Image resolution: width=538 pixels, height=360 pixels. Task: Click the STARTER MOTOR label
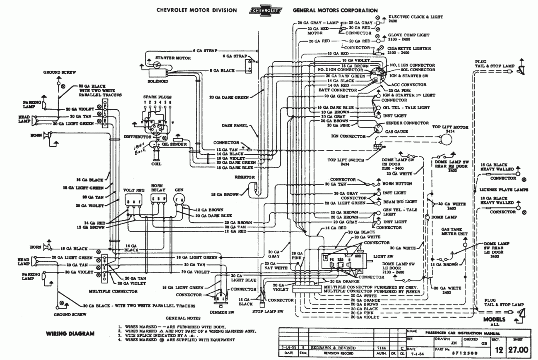[x=167, y=58]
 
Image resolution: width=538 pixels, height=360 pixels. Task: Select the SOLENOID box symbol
[x=158, y=72]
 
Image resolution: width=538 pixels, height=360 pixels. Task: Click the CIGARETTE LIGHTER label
[x=408, y=48]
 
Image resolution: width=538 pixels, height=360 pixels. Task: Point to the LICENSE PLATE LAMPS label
[x=503, y=190]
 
